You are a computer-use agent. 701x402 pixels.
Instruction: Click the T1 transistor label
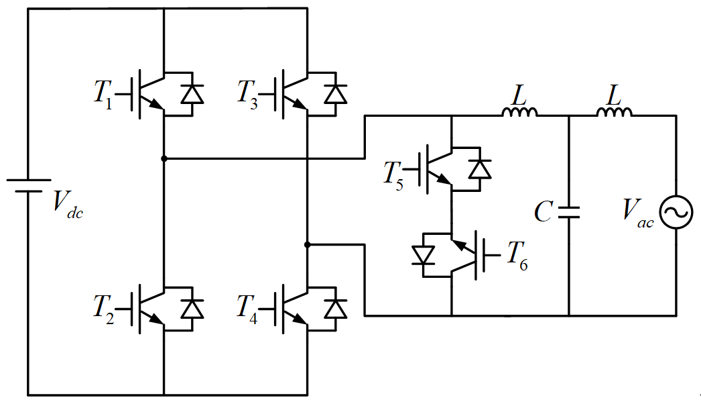point(103,94)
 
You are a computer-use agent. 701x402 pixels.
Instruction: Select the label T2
point(103,309)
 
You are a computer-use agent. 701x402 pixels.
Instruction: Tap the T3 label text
point(247,94)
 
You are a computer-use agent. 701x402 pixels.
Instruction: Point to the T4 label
point(247,309)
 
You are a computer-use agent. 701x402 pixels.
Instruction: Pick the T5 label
point(393,175)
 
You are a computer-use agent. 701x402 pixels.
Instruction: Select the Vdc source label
point(68,205)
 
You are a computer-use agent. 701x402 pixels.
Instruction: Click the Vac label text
point(638,213)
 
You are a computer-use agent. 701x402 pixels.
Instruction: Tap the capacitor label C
point(544,212)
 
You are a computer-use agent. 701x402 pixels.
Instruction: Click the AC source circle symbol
point(676,212)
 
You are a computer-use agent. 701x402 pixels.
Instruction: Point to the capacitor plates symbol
point(569,212)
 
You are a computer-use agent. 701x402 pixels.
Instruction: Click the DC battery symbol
point(28,186)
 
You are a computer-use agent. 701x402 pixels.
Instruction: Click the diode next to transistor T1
point(192,94)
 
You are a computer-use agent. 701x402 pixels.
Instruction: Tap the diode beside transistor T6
point(423,255)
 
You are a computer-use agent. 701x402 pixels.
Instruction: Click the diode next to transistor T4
point(336,309)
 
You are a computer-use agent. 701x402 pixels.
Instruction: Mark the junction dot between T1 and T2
point(164,158)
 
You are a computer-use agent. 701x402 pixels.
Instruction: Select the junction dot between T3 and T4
point(307,244)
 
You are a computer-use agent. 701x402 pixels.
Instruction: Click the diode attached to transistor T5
point(480,169)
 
